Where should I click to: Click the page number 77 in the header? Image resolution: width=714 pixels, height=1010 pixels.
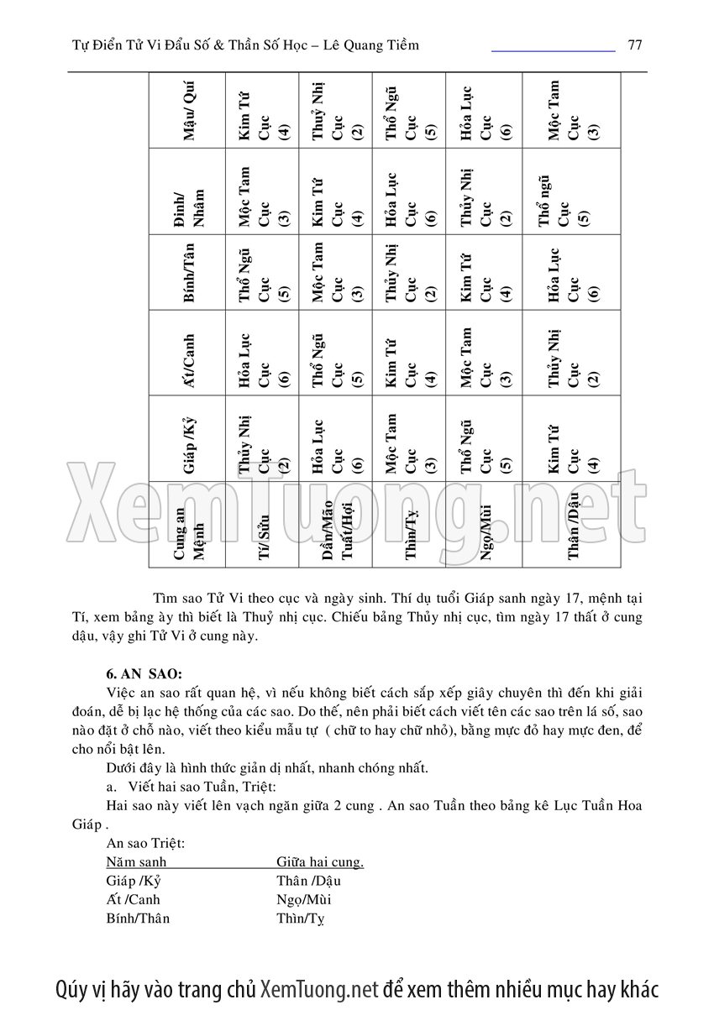tap(635, 45)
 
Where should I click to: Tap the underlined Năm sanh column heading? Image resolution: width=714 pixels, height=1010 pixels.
tap(137, 862)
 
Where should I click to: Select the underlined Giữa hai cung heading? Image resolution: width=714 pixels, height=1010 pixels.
tap(320, 862)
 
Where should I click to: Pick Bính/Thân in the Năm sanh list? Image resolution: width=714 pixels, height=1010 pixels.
tap(139, 918)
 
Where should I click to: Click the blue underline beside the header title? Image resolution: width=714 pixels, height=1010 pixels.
tap(553, 51)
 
